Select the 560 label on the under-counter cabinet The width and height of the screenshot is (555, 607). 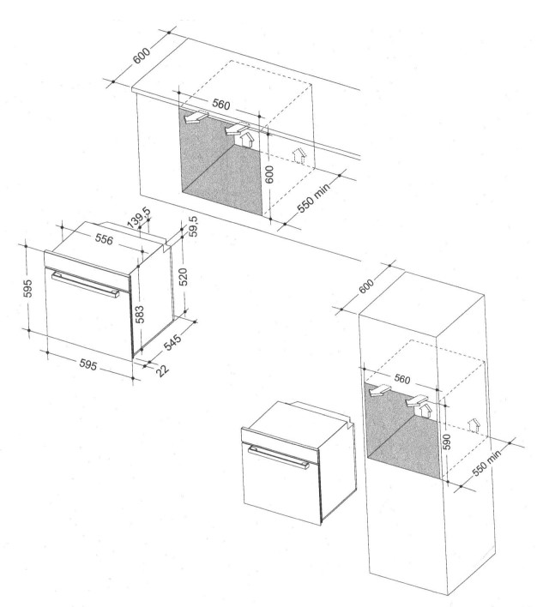220,105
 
